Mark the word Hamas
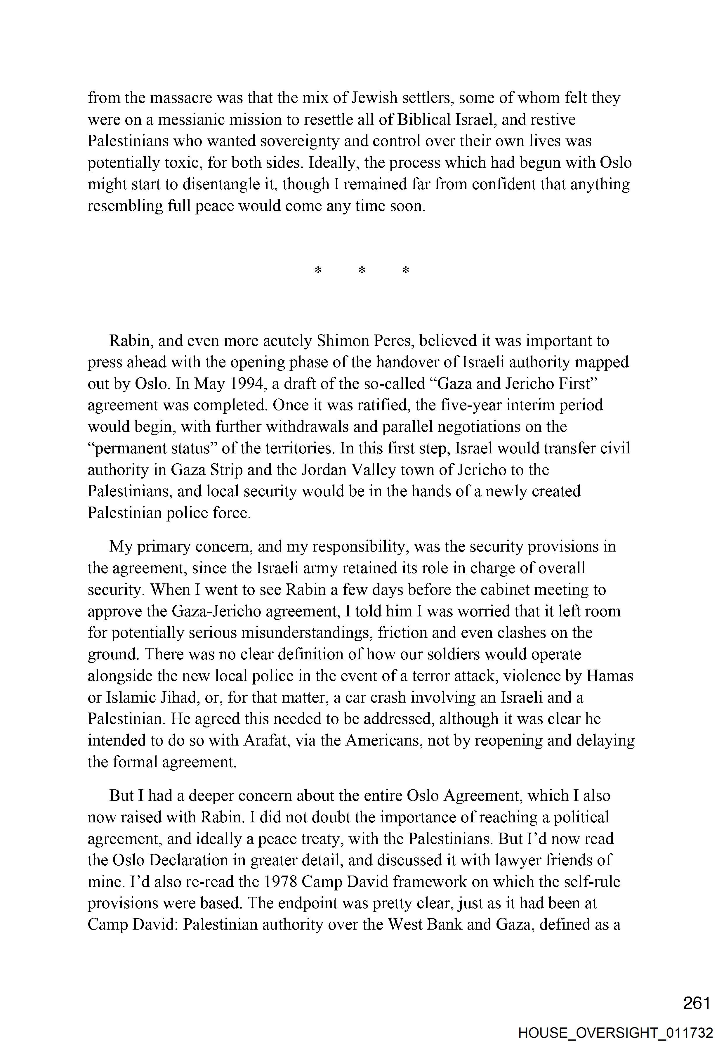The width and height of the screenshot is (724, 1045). pyautogui.click(x=610, y=676)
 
